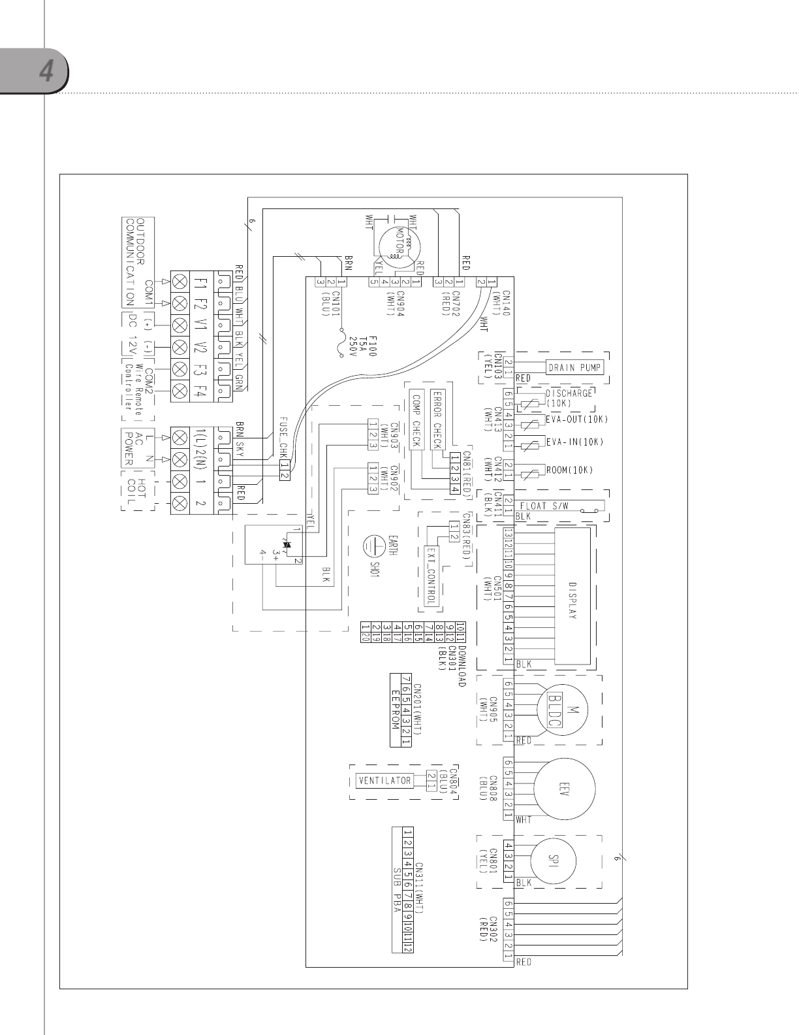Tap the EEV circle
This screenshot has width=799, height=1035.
click(x=565, y=787)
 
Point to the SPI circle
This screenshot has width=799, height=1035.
click(x=557, y=861)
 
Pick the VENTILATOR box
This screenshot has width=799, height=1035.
click(x=385, y=780)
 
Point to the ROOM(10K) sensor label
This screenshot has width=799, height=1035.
click(x=569, y=470)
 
